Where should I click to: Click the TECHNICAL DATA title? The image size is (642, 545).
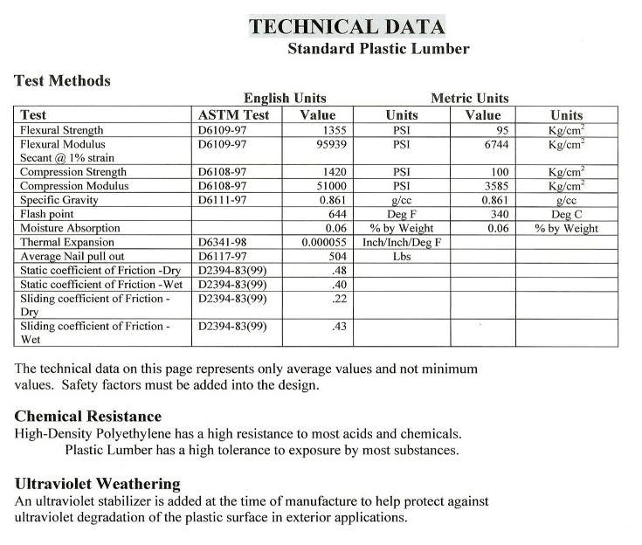tap(346, 26)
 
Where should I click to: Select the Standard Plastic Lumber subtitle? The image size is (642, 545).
tap(377, 49)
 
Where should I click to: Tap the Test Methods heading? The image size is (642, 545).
tap(62, 81)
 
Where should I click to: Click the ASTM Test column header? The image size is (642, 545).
tap(234, 114)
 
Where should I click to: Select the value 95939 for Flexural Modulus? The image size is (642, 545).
tap(332, 143)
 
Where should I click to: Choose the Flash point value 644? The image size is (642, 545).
tap(338, 214)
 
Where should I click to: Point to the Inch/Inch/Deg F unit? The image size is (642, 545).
tap(402, 242)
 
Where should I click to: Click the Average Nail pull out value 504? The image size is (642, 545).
tap(338, 256)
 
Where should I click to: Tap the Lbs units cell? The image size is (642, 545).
tap(402, 256)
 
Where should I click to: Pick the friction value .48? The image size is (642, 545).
tap(341, 270)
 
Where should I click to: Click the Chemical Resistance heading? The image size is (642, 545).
tap(88, 417)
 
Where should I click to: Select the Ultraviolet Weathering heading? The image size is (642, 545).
tap(98, 484)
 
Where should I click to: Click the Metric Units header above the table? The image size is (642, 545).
tap(469, 99)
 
